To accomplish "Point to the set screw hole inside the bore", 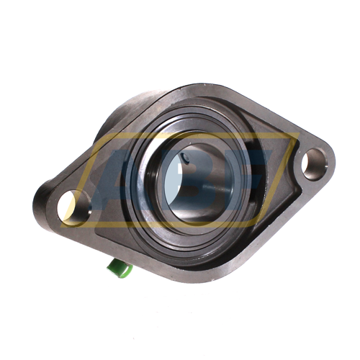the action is click(x=186, y=158).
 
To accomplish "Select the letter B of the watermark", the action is click(x=189, y=179).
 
